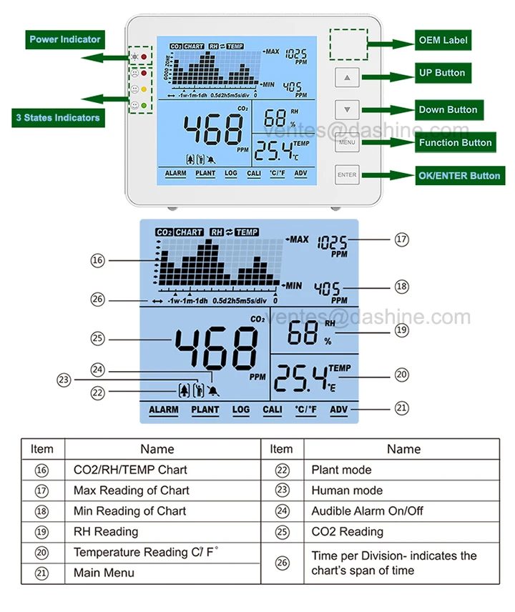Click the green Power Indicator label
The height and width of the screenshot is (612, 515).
click(x=65, y=39)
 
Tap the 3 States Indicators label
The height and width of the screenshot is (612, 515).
click(x=57, y=117)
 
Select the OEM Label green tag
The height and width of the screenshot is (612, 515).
click(x=443, y=40)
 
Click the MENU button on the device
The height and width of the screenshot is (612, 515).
click(x=347, y=142)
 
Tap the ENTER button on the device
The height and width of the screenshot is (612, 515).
click(x=347, y=175)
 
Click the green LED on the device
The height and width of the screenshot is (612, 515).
click(x=144, y=107)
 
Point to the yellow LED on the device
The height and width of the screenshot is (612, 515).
click(x=144, y=89)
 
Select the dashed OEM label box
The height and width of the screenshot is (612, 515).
click(x=348, y=44)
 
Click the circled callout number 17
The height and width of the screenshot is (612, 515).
click(x=402, y=240)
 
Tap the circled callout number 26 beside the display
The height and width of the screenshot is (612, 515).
click(x=98, y=299)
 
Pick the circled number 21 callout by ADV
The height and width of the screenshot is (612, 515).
click(x=402, y=408)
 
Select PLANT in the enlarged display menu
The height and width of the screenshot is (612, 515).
click(x=205, y=410)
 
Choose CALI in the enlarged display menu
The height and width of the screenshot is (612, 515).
click(x=272, y=410)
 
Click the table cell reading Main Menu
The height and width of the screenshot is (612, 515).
click(x=104, y=573)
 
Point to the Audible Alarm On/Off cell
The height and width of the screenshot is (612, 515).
click(x=358, y=511)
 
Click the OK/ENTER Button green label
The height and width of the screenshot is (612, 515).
click(x=459, y=175)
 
